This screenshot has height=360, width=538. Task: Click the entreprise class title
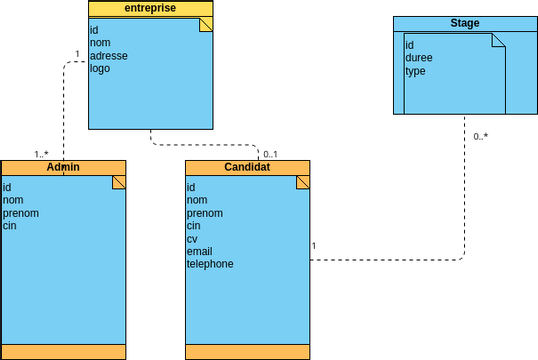coord(150,9)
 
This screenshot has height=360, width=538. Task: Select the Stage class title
coord(465,22)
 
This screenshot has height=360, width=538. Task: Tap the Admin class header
coord(63,167)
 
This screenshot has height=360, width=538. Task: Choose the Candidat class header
coord(247,167)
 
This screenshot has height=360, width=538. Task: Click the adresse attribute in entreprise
coord(108,56)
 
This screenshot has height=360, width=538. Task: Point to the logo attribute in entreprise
coord(99,69)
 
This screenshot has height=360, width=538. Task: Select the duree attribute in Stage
coord(418,59)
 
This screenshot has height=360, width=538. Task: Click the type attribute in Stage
coord(415,72)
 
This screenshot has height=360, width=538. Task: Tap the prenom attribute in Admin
coord(21,213)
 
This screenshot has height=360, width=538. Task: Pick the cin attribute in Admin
coord(10,226)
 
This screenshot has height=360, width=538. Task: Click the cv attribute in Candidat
coord(193,239)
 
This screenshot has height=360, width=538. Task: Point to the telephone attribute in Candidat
coord(210,265)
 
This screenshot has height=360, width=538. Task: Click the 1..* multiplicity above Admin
coord(41,154)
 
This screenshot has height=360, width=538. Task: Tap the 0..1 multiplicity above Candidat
coord(270,154)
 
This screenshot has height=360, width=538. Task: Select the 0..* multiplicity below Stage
coord(480,136)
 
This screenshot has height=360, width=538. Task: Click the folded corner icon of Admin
coord(118,182)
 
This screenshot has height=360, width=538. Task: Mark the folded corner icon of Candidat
coord(302,182)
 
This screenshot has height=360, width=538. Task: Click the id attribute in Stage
coord(409,46)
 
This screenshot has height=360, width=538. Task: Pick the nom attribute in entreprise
coord(100,43)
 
